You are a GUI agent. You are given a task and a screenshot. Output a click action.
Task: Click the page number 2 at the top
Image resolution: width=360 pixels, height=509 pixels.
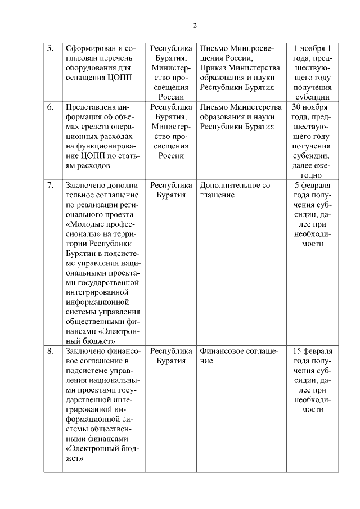[x=195, y=25]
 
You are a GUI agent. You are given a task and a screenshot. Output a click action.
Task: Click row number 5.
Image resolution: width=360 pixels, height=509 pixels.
[x=50, y=48]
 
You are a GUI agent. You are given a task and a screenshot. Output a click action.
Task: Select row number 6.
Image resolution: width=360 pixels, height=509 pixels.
[x=50, y=107]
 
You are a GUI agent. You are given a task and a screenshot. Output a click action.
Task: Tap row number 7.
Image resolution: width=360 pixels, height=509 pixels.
[x=50, y=185]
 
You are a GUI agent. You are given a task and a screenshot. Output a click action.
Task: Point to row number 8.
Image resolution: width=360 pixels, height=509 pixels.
[x=50, y=351]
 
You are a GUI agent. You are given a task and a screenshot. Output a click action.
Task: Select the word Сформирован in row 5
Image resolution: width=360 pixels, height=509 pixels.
[x=90, y=48]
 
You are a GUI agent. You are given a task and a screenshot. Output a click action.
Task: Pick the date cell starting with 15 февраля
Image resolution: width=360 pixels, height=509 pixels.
[x=312, y=380]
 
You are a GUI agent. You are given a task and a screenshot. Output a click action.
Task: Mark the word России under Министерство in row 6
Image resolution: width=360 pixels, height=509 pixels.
[x=171, y=156]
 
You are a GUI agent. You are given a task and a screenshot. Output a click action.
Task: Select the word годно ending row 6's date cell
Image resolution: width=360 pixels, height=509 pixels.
[x=312, y=175]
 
